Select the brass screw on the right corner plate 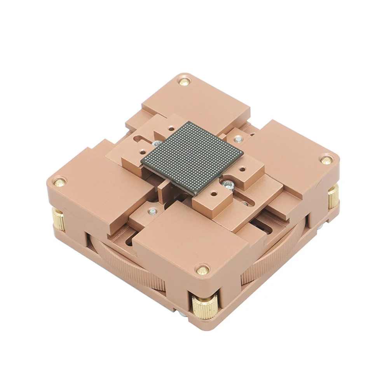point(326,160)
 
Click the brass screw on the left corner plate point(59,182)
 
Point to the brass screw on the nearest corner point(202,269)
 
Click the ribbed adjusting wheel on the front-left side point(128,269)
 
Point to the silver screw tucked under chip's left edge point(156,144)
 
